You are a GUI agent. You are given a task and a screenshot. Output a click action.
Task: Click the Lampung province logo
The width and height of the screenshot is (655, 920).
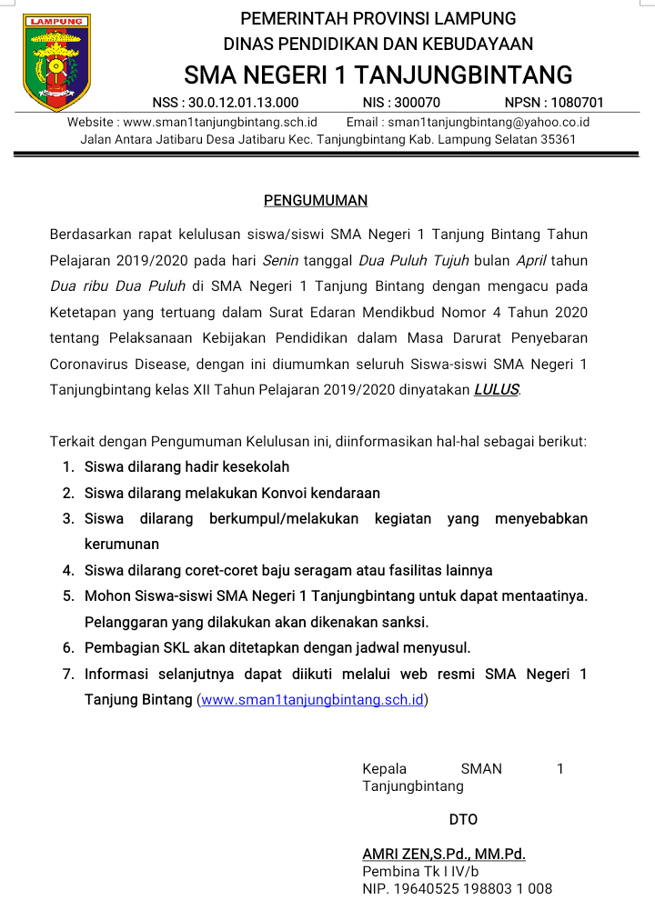coord(56,62)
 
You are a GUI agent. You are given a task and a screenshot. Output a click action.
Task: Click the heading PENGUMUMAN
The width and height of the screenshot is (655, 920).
coord(316,200)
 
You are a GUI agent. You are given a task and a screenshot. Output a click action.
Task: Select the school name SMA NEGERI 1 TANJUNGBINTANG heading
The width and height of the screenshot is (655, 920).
coord(378,75)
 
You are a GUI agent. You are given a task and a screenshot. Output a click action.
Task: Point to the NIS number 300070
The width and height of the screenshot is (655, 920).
coord(414,103)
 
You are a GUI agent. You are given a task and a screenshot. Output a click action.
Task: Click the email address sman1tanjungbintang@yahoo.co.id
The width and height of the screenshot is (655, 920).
coord(489,122)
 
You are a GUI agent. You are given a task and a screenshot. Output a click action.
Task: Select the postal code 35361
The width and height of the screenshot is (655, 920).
coord(558,140)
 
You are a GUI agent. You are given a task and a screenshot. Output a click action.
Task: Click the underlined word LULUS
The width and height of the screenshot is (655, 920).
coord(497,390)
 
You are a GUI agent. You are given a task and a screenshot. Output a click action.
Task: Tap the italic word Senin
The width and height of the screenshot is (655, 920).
coord(280,260)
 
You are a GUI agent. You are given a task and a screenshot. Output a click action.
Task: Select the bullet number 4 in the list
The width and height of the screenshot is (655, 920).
coord(67,571)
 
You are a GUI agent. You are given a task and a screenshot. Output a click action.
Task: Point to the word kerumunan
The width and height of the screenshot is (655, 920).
coord(122,545)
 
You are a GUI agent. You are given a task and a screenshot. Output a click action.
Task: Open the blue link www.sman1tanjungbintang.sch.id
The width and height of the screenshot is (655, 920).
coord(312,700)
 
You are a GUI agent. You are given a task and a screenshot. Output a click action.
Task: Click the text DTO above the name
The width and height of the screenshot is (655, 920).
coord(463,819)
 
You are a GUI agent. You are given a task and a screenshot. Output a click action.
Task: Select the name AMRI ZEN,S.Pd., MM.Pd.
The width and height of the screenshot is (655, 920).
coord(444,854)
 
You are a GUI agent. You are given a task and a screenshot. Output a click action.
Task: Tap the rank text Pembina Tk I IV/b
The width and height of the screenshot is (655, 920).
coord(420,871)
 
